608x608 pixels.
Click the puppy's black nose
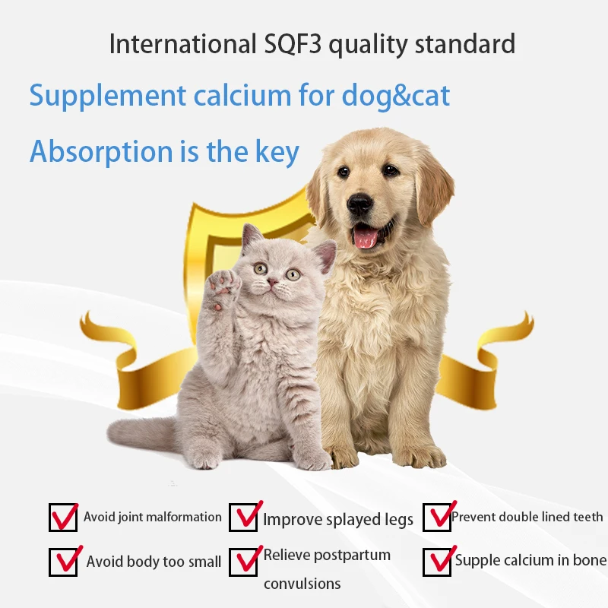(360, 203)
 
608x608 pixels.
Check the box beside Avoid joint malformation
(63, 518)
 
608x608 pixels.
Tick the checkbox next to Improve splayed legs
(245, 517)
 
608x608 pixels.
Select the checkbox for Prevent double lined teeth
(437, 517)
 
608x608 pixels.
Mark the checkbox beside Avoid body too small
(63, 562)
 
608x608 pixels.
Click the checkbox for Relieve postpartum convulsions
(245, 562)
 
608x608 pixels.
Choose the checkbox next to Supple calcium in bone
(437, 561)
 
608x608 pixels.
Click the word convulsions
(302, 584)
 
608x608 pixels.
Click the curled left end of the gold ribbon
(95, 327)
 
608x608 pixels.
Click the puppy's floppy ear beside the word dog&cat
(435, 187)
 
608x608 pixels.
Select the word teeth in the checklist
(586, 517)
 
